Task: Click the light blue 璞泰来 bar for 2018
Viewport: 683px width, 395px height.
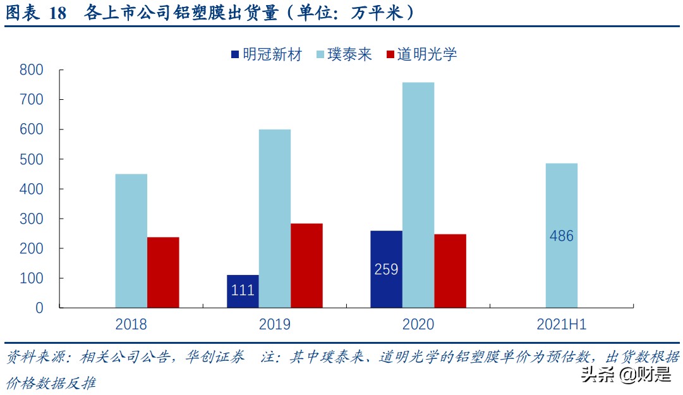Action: pos(131,241)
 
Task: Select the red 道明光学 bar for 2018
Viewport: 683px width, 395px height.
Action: pos(163,272)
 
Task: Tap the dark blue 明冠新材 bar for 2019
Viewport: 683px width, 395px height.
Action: pos(243,291)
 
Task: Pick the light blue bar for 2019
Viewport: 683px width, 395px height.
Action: pos(275,219)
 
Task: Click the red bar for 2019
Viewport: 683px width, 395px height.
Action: pos(306,265)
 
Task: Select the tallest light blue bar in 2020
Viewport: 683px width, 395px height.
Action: pos(418,195)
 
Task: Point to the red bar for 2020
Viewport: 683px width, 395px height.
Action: pos(450,271)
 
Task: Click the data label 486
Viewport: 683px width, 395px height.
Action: pos(562,236)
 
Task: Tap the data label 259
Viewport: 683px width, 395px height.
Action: pos(386,269)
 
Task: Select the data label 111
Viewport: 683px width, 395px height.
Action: pos(243,291)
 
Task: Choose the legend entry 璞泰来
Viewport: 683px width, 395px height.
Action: pos(341,54)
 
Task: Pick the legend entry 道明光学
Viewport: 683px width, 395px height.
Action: pos(420,54)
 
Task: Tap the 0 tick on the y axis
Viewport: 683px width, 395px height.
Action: pos(39,308)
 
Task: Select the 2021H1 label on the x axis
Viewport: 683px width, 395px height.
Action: pos(562,325)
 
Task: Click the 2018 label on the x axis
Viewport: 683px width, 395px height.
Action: pos(131,325)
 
